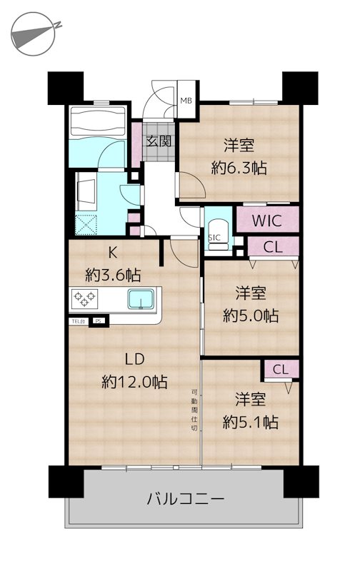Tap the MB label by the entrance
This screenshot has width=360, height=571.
point(186,101)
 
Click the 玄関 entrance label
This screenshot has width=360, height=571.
point(159,141)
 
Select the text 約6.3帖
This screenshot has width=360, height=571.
point(239,168)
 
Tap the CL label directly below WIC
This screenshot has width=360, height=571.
point(272,248)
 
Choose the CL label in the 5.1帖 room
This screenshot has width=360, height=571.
point(281,369)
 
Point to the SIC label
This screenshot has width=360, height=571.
point(214,238)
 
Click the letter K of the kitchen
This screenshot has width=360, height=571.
point(112,252)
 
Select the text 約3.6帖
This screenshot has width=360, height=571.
point(114,274)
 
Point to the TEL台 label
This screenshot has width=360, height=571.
point(78,320)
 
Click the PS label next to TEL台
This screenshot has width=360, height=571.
point(98,320)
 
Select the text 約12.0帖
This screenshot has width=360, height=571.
point(135,382)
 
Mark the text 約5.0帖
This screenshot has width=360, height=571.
point(249,315)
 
